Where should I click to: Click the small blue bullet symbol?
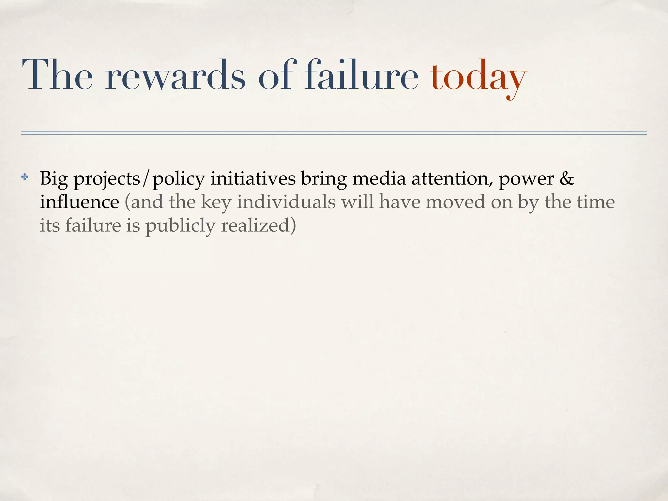pos(24,178)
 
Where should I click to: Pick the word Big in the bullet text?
pos(53,179)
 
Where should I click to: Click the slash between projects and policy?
pos(146,179)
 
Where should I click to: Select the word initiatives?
pos(253,178)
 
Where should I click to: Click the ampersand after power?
pos(567,178)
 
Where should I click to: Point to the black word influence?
pos(80,202)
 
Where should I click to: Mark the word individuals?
pos(286,202)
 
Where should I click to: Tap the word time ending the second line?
pos(596,202)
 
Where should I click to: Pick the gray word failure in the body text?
pos(93,225)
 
